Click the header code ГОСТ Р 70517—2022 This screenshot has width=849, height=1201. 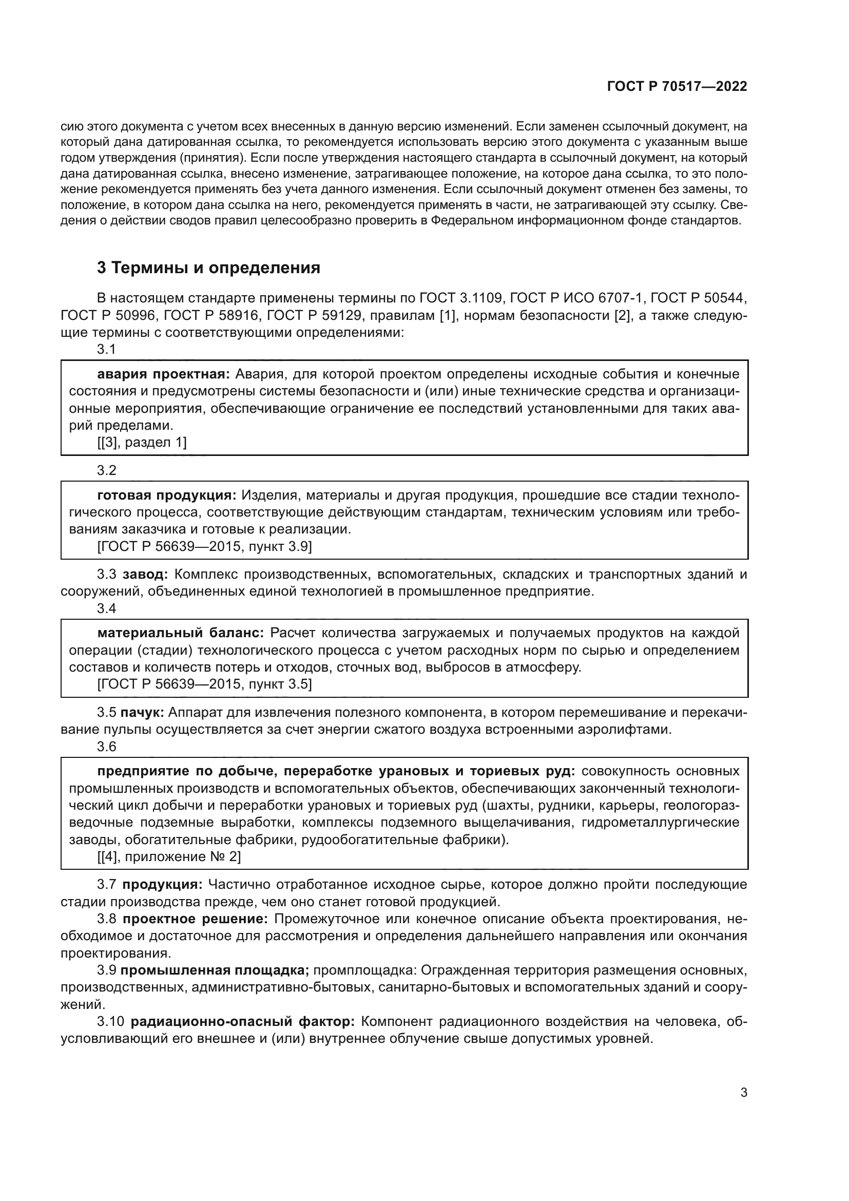click(677, 86)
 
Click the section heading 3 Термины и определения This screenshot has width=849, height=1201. click(208, 268)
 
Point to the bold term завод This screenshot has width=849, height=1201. click(145, 575)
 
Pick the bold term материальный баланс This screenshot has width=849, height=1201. click(180, 633)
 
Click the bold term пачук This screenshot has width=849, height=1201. click(142, 713)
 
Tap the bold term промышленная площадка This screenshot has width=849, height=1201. click(215, 970)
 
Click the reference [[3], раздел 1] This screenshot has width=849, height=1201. click(142, 443)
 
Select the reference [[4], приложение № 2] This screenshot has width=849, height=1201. click(169, 856)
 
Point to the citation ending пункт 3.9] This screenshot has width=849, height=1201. click(204, 547)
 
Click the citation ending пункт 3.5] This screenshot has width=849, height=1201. click(204, 684)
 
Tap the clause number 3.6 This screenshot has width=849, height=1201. click(107, 747)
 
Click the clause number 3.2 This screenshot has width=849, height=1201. click(107, 470)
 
